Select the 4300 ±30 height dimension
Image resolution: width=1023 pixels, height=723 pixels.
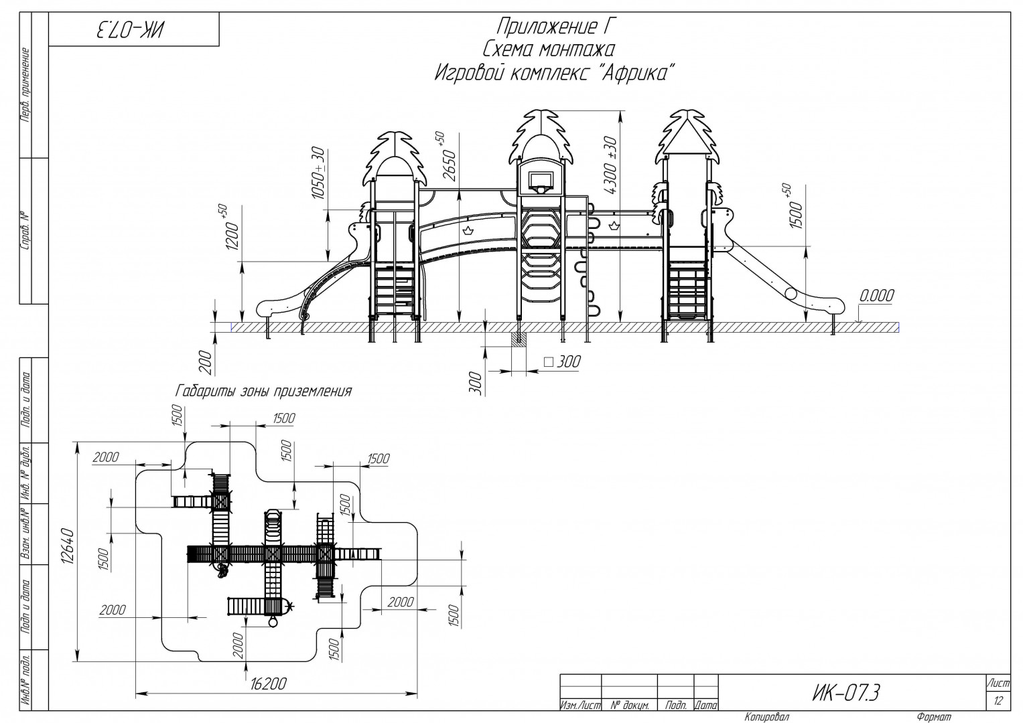point(610,165)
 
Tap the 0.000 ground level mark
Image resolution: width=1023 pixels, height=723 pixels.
point(876,296)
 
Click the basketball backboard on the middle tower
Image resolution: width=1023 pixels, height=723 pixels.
point(540,182)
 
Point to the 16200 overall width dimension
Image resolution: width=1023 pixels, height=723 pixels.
point(269,684)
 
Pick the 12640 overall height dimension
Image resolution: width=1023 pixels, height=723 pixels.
point(68,546)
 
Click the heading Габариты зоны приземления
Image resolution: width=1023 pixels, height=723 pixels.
point(263,391)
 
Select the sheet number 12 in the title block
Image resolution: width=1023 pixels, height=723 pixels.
point(998,701)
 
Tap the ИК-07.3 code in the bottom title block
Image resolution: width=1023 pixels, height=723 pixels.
point(846,693)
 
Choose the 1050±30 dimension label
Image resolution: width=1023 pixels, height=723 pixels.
point(318,173)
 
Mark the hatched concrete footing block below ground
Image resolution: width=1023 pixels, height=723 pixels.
point(519,339)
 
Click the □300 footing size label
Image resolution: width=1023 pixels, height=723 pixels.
point(562,362)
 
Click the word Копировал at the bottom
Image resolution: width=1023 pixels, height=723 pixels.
point(766,716)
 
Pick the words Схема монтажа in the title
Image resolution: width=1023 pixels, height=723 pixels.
point(549,50)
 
